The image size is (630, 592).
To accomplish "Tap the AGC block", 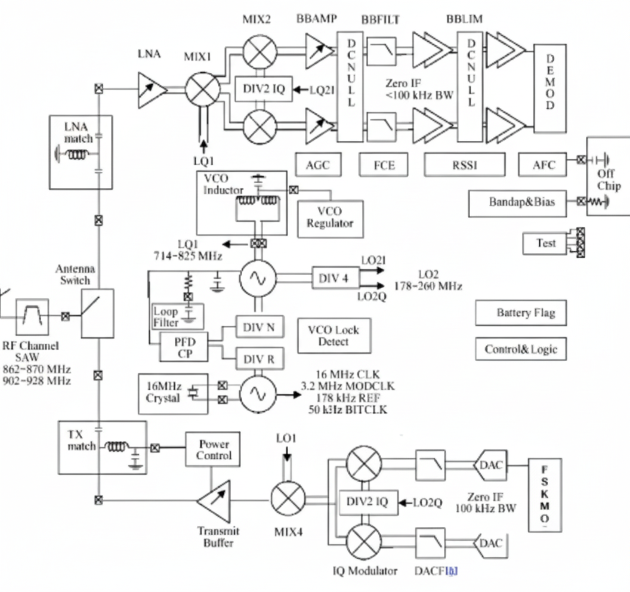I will pos(317,165).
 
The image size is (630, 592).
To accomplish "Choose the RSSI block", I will pos(464,165).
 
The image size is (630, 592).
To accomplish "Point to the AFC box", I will pos(543,165).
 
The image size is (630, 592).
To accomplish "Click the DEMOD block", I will pos(550,88).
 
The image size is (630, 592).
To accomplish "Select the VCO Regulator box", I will pos(330,217).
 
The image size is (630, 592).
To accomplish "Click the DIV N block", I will pos(259,328).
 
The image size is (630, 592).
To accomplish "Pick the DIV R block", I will pos(259,359).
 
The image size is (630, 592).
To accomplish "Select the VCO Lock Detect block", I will pos(333,335).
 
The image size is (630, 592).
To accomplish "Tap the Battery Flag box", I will pos(520,313).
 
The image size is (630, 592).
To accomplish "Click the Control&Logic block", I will pos(520,349).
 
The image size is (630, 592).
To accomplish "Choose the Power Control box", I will pos(214,449).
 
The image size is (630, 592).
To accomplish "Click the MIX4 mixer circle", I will pos(288,499).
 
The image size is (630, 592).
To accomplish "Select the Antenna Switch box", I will pos(97,313).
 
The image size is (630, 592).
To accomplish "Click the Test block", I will pos(545,243).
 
